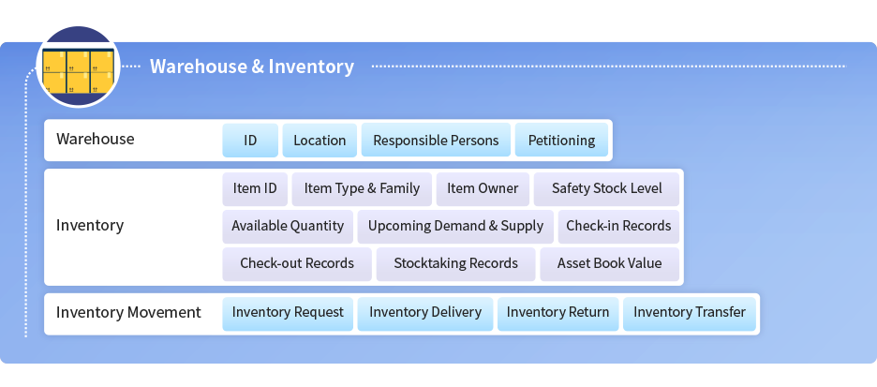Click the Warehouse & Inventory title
pos(252,67)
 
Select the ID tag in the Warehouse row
pos(250,140)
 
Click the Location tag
pos(320,140)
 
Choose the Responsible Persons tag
pos(436,140)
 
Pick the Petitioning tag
pos(561,140)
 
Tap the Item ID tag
pos(255,188)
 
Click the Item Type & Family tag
pos(362,188)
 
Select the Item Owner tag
pos(483,188)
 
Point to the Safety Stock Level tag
pos(606,188)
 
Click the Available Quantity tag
pos(288,226)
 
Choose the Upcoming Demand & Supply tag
pos(455,226)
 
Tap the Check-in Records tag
pos(618,226)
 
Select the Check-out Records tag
pos(297,263)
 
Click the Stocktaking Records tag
pos(456,263)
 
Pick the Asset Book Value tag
pos(610,263)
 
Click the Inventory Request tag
pos(288,313)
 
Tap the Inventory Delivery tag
pos(425,313)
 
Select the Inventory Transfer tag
pos(689,313)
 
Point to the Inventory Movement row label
pos(128,313)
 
